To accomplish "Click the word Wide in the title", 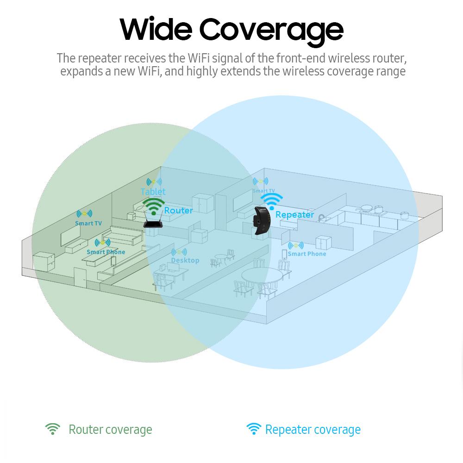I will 155,29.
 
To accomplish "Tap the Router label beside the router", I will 178,210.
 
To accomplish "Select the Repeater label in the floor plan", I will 294,214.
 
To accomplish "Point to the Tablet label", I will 153,191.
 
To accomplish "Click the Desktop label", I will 185,260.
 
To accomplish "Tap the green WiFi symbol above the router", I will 153,206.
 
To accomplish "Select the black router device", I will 153,224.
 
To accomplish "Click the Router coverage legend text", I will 110,430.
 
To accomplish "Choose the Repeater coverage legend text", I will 313,430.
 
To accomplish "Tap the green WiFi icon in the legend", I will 53,429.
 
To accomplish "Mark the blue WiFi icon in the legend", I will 253,429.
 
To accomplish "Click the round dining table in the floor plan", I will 262,276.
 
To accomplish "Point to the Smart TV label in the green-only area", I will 88,223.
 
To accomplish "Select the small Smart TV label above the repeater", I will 263,191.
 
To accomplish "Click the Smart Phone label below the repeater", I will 307,254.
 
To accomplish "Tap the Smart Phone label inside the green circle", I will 106,252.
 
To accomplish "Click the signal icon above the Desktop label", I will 179,252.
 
